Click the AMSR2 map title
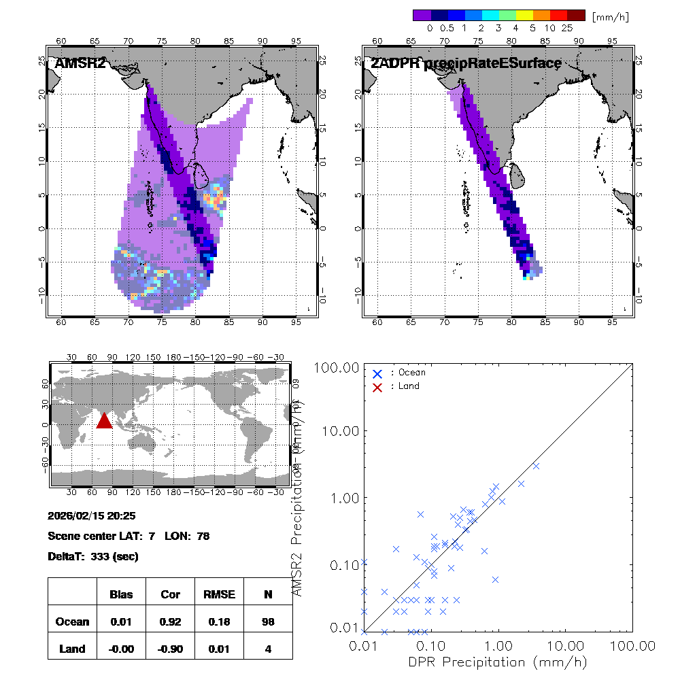pyautogui.click(x=80, y=64)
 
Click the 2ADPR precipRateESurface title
pyautogui.click(x=466, y=64)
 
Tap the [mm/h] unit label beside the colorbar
pyautogui.click(x=611, y=16)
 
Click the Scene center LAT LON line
pyautogui.click(x=129, y=536)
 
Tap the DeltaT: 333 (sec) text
pyautogui.click(x=93, y=556)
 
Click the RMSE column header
pyautogui.click(x=219, y=594)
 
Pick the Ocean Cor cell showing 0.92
pyautogui.click(x=170, y=622)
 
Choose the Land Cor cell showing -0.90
pyautogui.click(x=170, y=649)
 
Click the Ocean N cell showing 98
pyautogui.click(x=268, y=622)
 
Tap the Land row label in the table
pyautogui.click(x=72, y=649)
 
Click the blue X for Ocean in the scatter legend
pyautogui.click(x=377, y=373)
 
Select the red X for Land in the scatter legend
pyautogui.click(x=377, y=386)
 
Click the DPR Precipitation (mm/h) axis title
pyautogui.click(x=498, y=662)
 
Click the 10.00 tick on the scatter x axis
pyautogui.click(x=566, y=645)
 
